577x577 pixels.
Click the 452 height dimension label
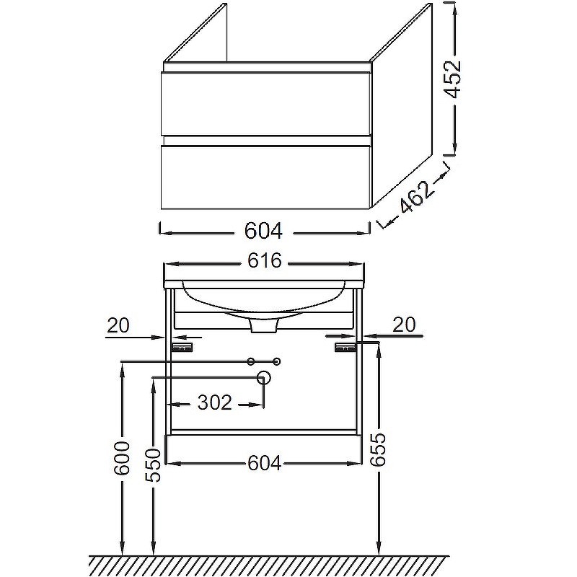(452, 79)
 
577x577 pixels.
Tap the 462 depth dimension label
(415, 197)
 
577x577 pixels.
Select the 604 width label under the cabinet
(263, 231)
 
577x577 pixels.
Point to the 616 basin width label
(264, 260)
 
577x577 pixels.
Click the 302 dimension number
(215, 402)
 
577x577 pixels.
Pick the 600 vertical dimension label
(122, 458)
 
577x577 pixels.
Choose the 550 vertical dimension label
(153, 465)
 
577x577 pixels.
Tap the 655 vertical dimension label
(378, 449)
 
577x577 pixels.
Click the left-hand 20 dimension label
(118, 325)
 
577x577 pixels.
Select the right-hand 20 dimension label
(404, 325)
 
